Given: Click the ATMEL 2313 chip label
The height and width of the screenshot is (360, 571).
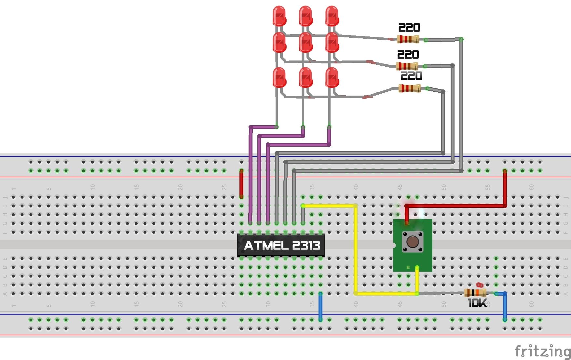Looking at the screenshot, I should (x=282, y=245).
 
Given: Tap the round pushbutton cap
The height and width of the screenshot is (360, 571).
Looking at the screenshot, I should (x=413, y=242).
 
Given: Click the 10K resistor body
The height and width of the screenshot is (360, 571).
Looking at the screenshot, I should (x=475, y=293).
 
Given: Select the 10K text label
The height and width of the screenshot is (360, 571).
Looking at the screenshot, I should (x=477, y=303).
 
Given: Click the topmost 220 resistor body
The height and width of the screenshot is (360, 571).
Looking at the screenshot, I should (x=408, y=39).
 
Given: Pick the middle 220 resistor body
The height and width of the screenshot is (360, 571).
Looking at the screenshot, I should (x=407, y=66).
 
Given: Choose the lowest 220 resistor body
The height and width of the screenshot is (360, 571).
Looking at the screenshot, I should (x=409, y=88).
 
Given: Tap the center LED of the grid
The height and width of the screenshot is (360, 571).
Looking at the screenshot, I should (x=306, y=42).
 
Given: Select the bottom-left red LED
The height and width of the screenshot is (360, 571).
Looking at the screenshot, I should (x=279, y=77).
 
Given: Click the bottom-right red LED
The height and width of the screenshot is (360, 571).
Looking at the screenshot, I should (x=332, y=77).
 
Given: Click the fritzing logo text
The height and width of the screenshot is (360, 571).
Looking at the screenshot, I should (x=542, y=351).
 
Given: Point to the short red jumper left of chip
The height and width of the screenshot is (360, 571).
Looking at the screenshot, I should (x=241, y=184).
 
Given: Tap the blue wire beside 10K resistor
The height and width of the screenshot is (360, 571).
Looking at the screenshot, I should (x=505, y=306).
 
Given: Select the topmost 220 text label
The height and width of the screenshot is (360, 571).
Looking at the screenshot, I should (x=409, y=28).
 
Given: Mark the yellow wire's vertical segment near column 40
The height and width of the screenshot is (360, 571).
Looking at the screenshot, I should (x=356, y=250).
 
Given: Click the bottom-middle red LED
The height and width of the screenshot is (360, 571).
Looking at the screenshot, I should (x=306, y=77).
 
